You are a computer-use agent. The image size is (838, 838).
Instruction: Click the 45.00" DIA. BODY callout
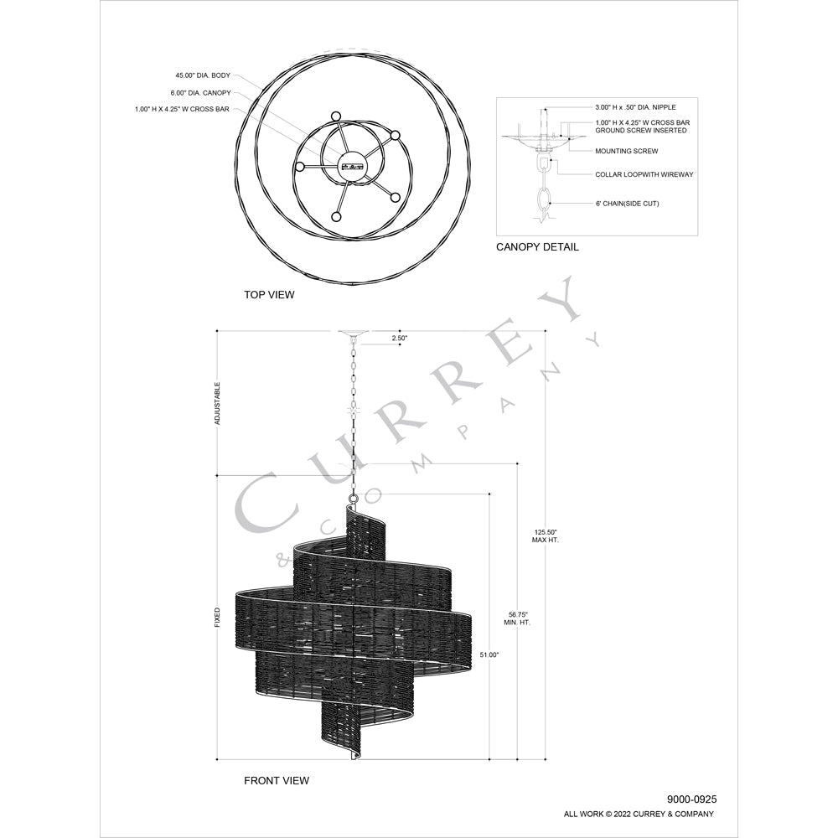click(203, 75)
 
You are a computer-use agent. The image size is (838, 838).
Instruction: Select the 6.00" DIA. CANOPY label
click(201, 92)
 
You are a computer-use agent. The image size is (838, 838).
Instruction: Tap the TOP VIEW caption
click(269, 294)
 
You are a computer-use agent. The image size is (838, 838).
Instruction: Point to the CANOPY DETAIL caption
click(537, 247)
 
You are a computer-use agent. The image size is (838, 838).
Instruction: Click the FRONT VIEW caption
click(277, 780)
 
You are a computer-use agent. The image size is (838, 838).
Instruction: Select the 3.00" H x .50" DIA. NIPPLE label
click(635, 107)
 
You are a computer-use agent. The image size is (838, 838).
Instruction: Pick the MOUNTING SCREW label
click(626, 151)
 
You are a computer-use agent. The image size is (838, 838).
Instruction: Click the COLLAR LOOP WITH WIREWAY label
click(644, 174)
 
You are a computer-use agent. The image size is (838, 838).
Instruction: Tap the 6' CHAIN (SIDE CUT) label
click(627, 203)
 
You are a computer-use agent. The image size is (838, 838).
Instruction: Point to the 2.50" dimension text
click(399, 338)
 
